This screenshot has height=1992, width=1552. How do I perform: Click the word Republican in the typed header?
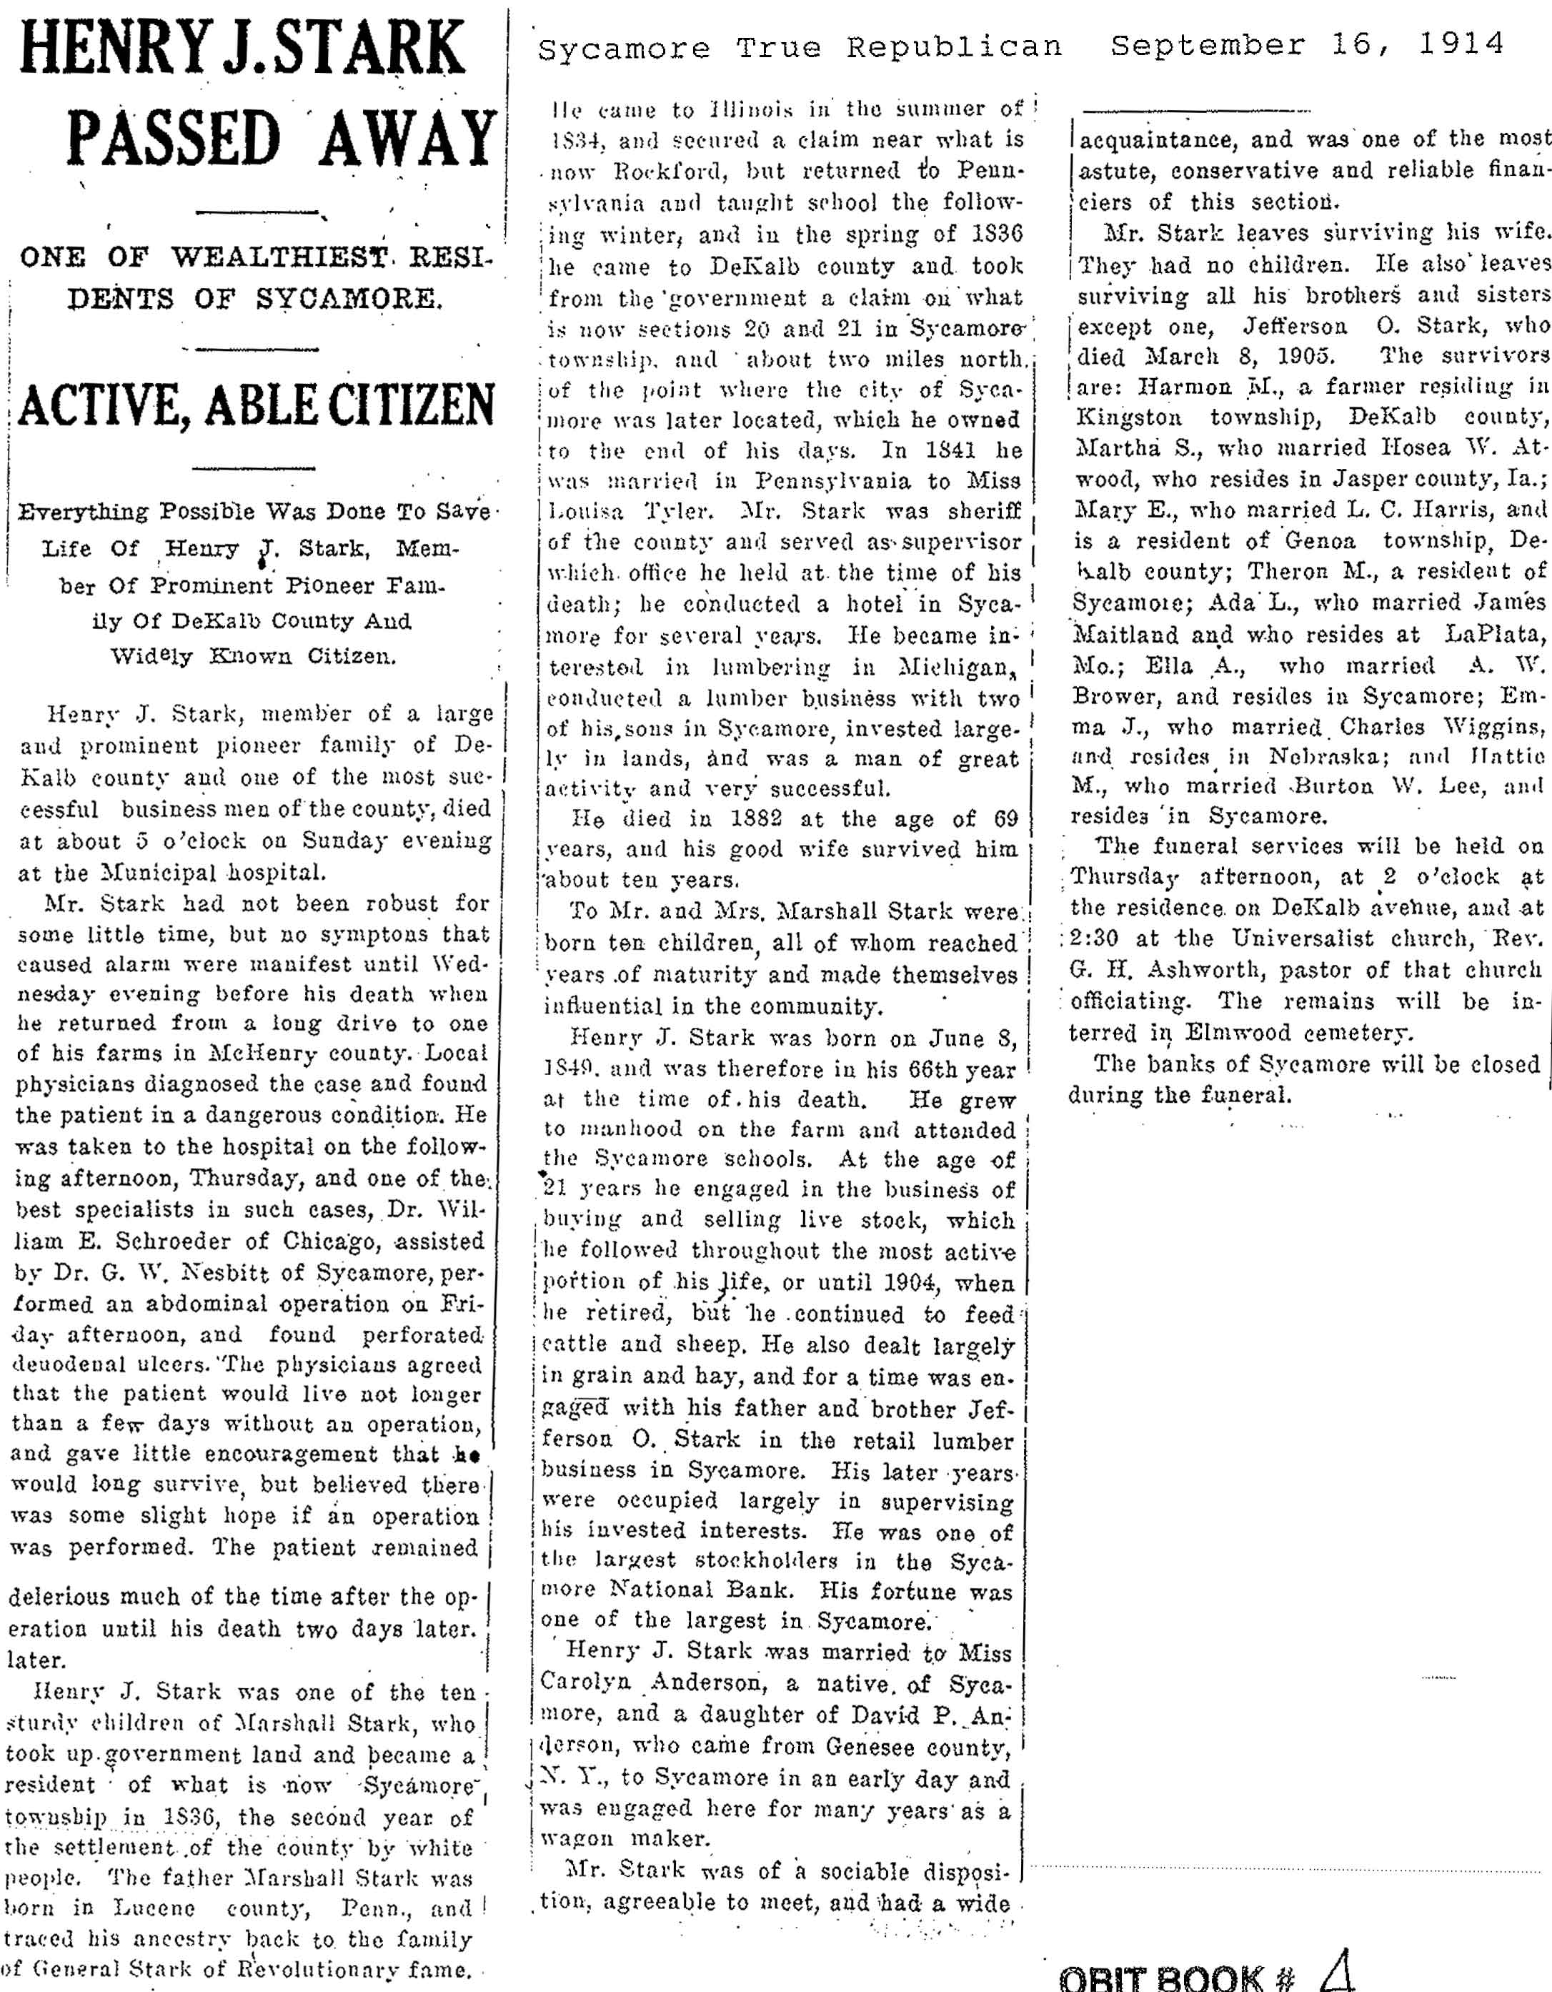pos(954,47)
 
